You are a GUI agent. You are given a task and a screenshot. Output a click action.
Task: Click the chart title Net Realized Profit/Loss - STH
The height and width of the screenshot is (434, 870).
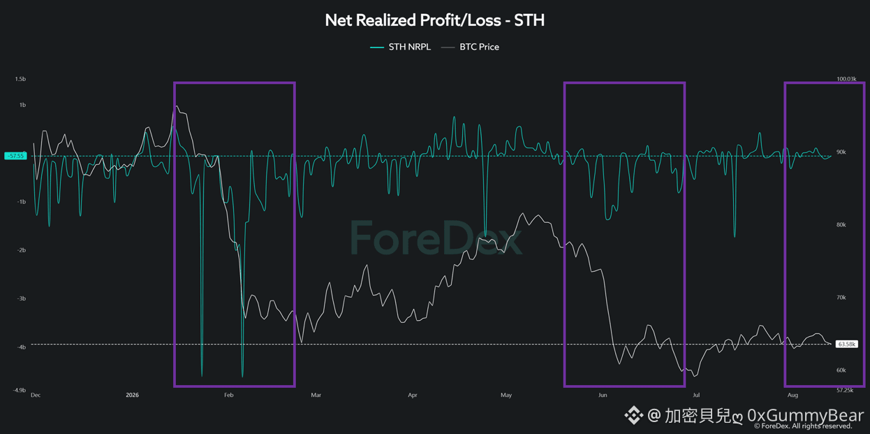pyautogui.click(x=434, y=20)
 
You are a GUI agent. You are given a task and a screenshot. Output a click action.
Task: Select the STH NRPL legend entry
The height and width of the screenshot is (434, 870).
pyautogui.click(x=400, y=47)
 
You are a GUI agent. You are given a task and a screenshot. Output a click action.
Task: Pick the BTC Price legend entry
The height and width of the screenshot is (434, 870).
pyautogui.click(x=471, y=47)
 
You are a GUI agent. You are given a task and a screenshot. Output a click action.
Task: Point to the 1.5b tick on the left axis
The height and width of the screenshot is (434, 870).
pyautogui.click(x=20, y=79)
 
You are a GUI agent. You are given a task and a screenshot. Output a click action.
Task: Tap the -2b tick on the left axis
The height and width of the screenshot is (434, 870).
pyautogui.click(x=22, y=250)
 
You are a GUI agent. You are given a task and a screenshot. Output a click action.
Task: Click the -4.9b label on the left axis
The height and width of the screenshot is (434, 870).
pyautogui.click(x=19, y=390)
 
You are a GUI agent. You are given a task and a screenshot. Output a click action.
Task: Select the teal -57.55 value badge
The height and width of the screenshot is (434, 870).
pyautogui.click(x=15, y=156)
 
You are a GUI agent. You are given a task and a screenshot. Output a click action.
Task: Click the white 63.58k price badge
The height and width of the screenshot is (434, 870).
pyautogui.click(x=847, y=344)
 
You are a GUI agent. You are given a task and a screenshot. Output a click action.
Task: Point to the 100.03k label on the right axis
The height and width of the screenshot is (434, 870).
pyautogui.click(x=846, y=79)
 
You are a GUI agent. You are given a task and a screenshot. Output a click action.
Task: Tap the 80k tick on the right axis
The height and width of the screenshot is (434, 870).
pyautogui.click(x=841, y=225)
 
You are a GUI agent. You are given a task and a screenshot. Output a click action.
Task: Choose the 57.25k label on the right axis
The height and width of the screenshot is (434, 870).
pyautogui.click(x=845, y=390)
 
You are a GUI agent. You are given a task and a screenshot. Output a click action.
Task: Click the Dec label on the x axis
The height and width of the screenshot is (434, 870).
pyautogui.click(x=36, y=395)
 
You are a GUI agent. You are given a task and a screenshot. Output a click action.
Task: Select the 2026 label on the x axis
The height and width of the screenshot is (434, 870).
pyautogui.click(x=132, y=395)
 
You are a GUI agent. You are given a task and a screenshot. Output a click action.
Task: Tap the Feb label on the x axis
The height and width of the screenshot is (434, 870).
pyautogui.click(x=229, y=395)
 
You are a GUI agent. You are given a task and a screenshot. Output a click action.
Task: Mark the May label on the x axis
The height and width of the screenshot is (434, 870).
pyautogui.click(x=506, y=395)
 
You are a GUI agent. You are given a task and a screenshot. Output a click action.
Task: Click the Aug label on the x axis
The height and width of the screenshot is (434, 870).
pyautogui.click(x=792, y=395)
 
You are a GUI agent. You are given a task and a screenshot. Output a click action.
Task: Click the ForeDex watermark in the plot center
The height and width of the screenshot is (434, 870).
pyautogui.click(x=436, y=238)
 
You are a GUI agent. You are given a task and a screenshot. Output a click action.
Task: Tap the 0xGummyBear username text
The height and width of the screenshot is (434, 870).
pyautogui.click(x=806, y=415)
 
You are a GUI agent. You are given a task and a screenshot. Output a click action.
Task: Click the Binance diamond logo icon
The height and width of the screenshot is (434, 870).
pyautogui.click(x=633, y=415)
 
